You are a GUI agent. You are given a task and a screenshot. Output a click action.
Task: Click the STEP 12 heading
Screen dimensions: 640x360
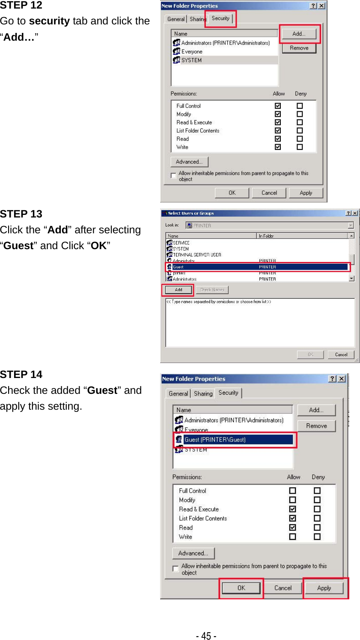point(21,6)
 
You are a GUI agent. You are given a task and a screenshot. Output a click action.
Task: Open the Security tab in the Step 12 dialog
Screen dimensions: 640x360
point(220,18)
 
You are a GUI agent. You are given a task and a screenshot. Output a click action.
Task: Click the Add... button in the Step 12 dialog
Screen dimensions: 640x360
point(299,34)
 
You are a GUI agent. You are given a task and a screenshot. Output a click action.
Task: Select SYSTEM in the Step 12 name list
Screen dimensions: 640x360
point(191,60)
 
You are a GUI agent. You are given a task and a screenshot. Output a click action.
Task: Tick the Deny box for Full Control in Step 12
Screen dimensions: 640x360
point(300,106)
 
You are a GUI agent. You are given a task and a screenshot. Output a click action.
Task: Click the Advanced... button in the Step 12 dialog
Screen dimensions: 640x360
point(189,162)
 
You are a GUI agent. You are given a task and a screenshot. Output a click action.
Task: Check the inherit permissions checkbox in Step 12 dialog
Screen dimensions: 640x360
point(173,176)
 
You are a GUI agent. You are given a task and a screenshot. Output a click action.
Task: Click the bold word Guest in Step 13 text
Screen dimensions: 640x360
point(18,246)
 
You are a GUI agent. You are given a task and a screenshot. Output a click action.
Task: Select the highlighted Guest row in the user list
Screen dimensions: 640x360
point(257,267)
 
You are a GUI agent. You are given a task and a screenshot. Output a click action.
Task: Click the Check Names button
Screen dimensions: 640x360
point(212,290)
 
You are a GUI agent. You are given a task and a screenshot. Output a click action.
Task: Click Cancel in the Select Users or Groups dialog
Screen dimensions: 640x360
point(341,354)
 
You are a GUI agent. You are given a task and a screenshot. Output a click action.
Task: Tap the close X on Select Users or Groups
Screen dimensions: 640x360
point(355,213)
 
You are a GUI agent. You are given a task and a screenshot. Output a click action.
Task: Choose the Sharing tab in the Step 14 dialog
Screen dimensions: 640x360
point(203,393)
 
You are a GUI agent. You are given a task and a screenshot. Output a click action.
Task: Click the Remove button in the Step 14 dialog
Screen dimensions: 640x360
point(316,426)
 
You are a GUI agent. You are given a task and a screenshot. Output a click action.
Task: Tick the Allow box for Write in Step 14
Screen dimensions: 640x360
point(292,537)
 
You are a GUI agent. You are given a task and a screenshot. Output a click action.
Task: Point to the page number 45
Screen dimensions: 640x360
point(206,636)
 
